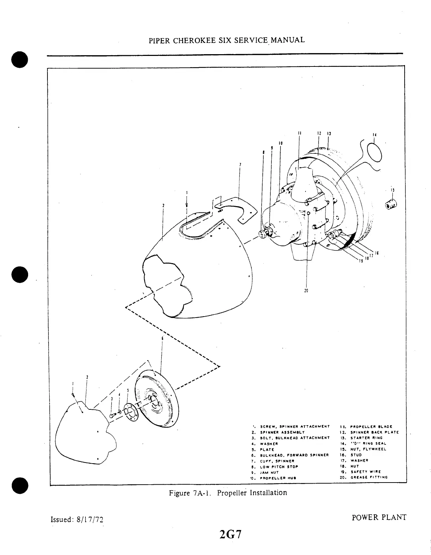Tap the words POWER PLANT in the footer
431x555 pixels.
click(x=379, y=517)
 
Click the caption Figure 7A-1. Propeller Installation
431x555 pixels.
click(x=228, y=493)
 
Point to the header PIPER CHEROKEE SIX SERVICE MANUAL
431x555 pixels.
click(x=226, y=40)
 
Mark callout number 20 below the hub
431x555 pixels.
click(x=306, y=291)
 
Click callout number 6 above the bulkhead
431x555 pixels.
click(x=162, y=338)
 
